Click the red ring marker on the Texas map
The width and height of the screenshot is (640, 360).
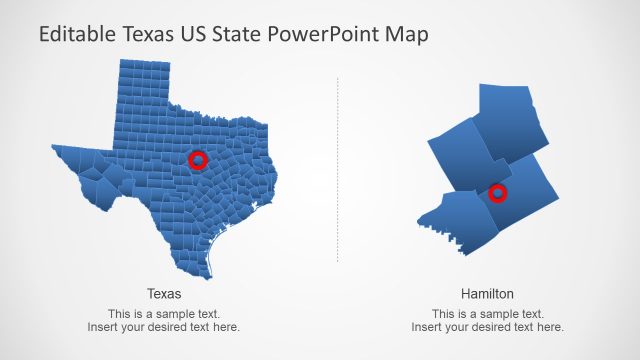coord(198,160)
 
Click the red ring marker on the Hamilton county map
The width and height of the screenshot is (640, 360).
coord(498,193)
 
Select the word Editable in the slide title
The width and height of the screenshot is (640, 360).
coord(74,35)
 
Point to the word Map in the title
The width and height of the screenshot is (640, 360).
coord(408,35)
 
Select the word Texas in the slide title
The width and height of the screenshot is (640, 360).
coord(146,35)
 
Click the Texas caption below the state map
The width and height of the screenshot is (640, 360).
coord(164,294)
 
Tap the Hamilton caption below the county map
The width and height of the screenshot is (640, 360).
coord(487,294)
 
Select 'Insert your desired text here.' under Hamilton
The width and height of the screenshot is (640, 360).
coord(487,327)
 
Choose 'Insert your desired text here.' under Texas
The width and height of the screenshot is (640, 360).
coord(164,327)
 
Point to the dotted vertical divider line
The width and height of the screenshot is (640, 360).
coord(338,170)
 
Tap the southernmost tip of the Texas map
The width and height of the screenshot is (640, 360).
coord(211,276)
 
